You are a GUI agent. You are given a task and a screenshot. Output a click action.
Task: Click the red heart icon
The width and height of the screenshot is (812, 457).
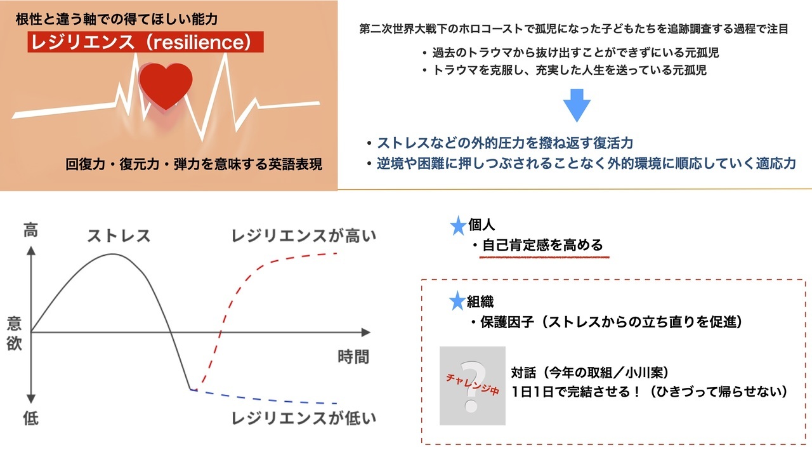click(x=166, y=86)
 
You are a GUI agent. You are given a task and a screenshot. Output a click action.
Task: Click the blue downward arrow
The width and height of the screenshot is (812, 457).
click(x=577, y=105)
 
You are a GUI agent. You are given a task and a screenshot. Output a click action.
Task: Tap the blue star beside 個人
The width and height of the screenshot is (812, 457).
click(x=458, y=225)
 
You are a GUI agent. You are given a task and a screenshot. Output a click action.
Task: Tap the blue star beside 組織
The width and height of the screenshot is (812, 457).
click(x=457, y=301)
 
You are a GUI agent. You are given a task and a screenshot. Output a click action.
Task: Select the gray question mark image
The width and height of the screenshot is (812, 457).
click(x=473, y=385)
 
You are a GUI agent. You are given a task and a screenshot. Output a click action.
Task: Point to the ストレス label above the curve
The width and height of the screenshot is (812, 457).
click(x=119, y=235)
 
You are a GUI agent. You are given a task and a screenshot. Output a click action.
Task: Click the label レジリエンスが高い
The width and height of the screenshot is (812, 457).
click(x=304, y=235)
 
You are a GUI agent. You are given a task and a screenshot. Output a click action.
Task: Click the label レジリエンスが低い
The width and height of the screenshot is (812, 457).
click(x=304, y=418)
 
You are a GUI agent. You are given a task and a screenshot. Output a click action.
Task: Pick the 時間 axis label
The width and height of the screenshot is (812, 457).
click(x=353, y=357)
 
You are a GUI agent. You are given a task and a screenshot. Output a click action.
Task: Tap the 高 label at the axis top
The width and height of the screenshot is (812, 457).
click(x=31, y=230)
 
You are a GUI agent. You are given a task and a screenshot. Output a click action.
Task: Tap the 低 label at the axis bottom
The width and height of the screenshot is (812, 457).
click(x=31, y=418)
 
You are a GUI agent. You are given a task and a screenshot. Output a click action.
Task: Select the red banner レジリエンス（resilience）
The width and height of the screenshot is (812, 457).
click(x=145, y=42)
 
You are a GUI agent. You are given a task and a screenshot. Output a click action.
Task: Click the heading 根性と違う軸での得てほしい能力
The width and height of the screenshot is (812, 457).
click(x=117, y=19)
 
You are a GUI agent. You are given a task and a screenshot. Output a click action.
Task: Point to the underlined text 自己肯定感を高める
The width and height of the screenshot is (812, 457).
click(x=542, y=245)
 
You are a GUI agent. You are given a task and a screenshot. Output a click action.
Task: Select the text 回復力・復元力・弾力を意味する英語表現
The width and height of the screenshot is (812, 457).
click(x=193, y=164)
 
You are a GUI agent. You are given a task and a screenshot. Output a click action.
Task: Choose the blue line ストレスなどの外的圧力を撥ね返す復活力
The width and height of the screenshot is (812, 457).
click(x=505, y=143)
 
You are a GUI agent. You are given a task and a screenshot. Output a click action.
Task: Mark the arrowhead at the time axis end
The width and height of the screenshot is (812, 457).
click(x=367, y=332)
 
